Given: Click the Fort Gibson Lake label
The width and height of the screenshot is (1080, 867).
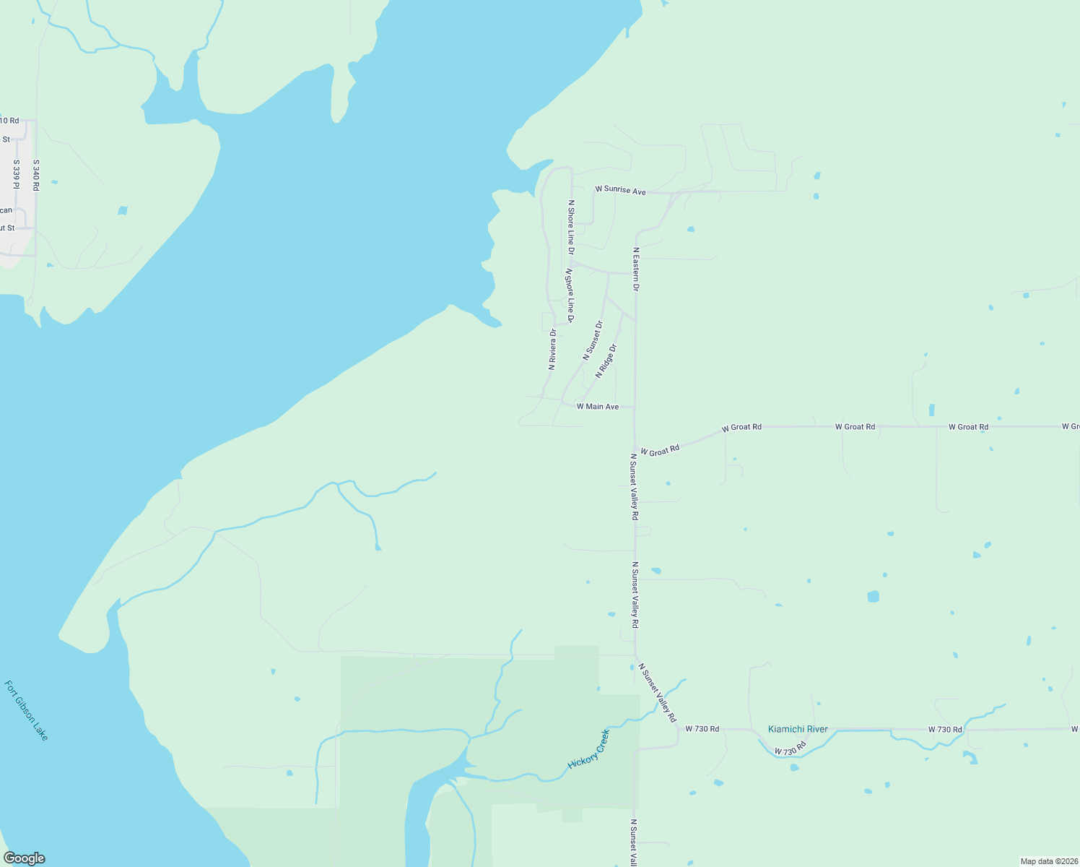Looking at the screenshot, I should click(x=27, y=710).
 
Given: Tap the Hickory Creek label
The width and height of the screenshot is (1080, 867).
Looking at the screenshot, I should click(x=589, y=749).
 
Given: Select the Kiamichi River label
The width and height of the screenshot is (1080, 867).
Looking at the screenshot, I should click(x=798, y=729).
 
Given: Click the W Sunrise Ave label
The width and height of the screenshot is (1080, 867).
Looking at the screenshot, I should click(x=620, y=190).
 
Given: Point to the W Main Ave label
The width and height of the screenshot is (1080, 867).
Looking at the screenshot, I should click(x=598, y=407).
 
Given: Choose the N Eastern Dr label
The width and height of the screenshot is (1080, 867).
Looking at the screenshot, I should click(x=636, y=269).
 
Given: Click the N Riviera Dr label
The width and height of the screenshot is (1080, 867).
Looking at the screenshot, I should click(x=552, y=350).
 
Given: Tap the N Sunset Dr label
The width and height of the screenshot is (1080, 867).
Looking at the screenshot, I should click(x=593, y=341).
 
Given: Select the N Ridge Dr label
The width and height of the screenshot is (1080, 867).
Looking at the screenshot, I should click(x=606, y=361).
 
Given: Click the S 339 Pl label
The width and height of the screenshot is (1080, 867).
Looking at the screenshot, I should click(x=16, y=176).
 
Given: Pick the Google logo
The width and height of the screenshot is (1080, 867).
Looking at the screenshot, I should click(x=25, y=858).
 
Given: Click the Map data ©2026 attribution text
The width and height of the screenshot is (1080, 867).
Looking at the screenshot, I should click(x=1048, y=861).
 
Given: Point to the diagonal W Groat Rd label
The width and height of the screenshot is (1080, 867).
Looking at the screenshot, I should click(x=660, y=451).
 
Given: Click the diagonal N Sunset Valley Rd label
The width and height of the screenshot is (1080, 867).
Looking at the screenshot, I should click(x=658, y=694).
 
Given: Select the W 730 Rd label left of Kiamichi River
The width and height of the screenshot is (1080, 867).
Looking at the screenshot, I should click(x=702, y=729).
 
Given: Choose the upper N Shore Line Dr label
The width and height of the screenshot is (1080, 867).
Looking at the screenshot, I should click(x=571, y=228).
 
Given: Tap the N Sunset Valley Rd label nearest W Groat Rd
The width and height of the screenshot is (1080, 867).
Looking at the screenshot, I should click(x=634, y=487).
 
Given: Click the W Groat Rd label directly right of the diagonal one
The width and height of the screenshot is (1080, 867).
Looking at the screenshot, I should click(x=741, y=428).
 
